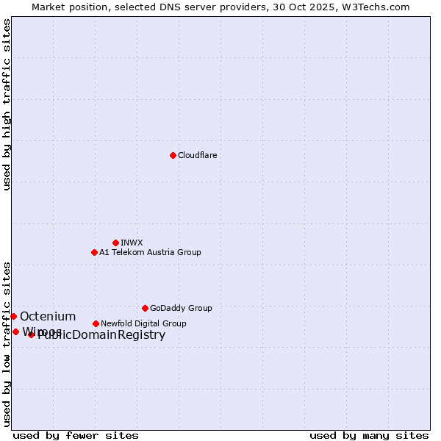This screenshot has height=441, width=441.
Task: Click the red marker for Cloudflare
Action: (x=173, y=155)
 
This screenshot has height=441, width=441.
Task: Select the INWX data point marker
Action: (x=115, y=243)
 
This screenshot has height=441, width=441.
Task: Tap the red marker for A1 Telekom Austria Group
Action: (x=94, y=252)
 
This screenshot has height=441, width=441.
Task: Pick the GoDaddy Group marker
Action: (x=145, y=308)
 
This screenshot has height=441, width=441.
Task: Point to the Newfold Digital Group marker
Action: (x=96, y=323)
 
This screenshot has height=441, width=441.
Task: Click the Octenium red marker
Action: (x=13, y=316)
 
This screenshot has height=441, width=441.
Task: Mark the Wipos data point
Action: (x=15, y=331)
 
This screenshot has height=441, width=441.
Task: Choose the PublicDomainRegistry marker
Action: (x=31, y=335)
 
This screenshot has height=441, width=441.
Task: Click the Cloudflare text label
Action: (x=198, y=155)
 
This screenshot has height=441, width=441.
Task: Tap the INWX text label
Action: (x=132, y=243)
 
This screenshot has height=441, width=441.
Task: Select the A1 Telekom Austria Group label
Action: (x=150, y=252)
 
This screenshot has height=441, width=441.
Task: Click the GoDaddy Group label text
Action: (x=181, y=308)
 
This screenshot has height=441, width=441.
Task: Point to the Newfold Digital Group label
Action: (x=143, y=323)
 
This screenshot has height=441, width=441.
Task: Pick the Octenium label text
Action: (x=48, y=316)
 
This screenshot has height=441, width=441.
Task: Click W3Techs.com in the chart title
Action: (x=379, y=7)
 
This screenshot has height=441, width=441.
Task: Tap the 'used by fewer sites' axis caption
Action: (x=76, y=435)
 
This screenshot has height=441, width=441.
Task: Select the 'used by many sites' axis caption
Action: (x=369, y=435)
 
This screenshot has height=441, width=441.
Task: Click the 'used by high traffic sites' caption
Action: (x=7, y=105)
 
